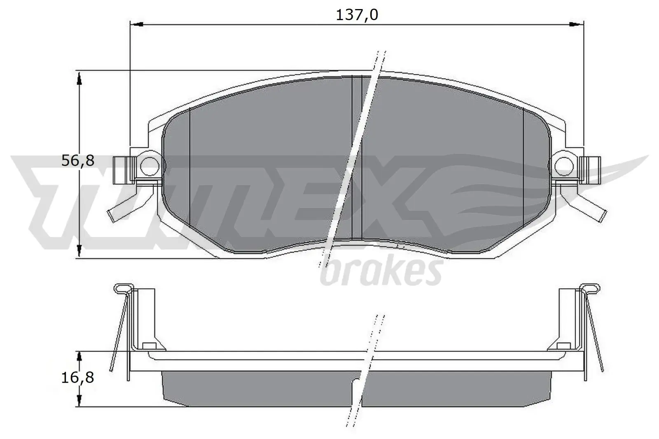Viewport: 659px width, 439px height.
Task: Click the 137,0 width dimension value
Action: (x=357, y=15)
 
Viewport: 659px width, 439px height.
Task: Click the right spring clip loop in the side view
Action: (x=590, y=288)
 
